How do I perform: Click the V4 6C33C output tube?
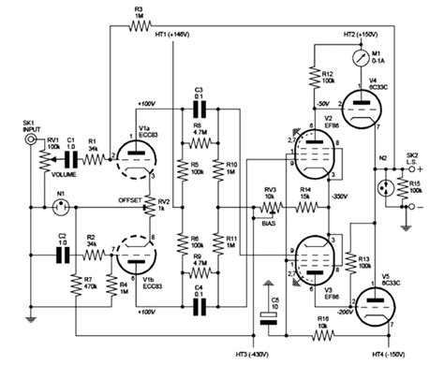pos(362,100)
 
